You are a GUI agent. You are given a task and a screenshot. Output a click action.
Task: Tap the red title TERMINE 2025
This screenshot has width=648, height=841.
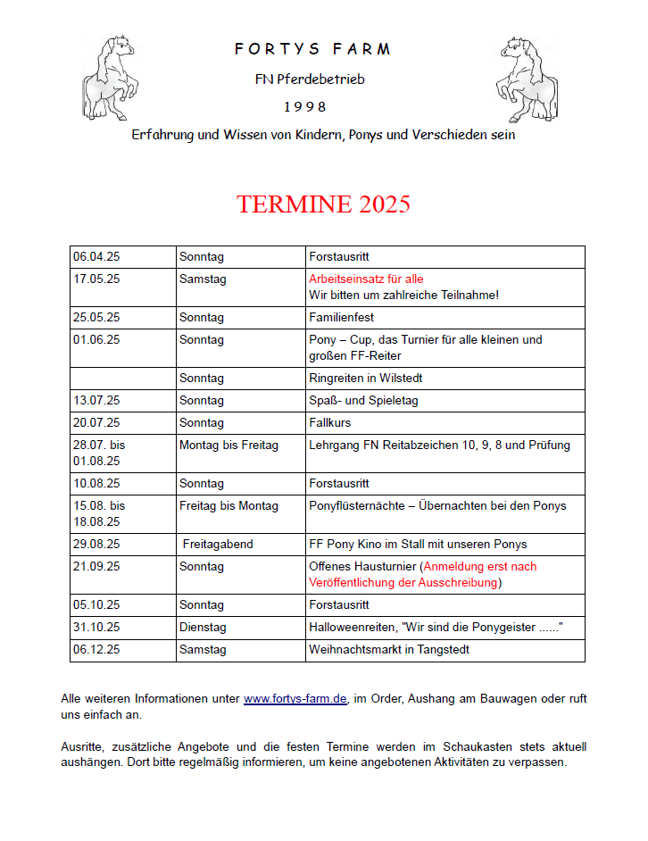(x=323, y=204)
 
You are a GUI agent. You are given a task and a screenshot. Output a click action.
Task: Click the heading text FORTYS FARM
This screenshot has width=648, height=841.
(x=312, y=49)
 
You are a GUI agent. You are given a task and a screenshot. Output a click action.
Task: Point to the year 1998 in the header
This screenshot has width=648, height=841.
(x=305, y=107)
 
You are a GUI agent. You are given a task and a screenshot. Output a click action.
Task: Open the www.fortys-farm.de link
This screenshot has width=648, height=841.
(x=295, y=699)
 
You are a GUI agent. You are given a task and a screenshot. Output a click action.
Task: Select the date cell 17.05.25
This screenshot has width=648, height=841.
(x=96, y=279)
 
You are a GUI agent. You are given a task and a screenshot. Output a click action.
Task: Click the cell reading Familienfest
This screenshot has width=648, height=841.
(x=341, y=318)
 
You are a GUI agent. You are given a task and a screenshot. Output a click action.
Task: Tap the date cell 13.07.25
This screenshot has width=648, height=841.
(x=96, y=401)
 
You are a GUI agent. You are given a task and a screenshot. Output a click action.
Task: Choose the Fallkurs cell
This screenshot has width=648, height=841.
(x=329, y=423)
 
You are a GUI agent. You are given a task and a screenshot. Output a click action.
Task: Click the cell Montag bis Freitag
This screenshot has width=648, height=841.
(x=228, y=445)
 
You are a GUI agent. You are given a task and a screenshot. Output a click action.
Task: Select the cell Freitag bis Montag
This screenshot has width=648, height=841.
(x=228, y=506)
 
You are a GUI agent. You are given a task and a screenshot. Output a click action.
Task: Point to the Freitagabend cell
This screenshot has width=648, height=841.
(x=218, y=545)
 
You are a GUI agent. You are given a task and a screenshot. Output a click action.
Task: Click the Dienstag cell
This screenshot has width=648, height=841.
(x=204, y=628)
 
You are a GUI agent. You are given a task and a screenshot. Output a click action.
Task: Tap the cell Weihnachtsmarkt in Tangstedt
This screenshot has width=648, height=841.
(x=389, y=650)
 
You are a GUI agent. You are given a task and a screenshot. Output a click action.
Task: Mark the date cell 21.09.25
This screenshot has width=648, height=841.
(x=96, y=567)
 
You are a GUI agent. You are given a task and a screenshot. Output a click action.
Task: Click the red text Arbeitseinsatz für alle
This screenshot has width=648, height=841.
(x=366, y=279)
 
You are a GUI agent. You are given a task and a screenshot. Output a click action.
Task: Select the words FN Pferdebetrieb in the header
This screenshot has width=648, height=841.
(x=310, y=79)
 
